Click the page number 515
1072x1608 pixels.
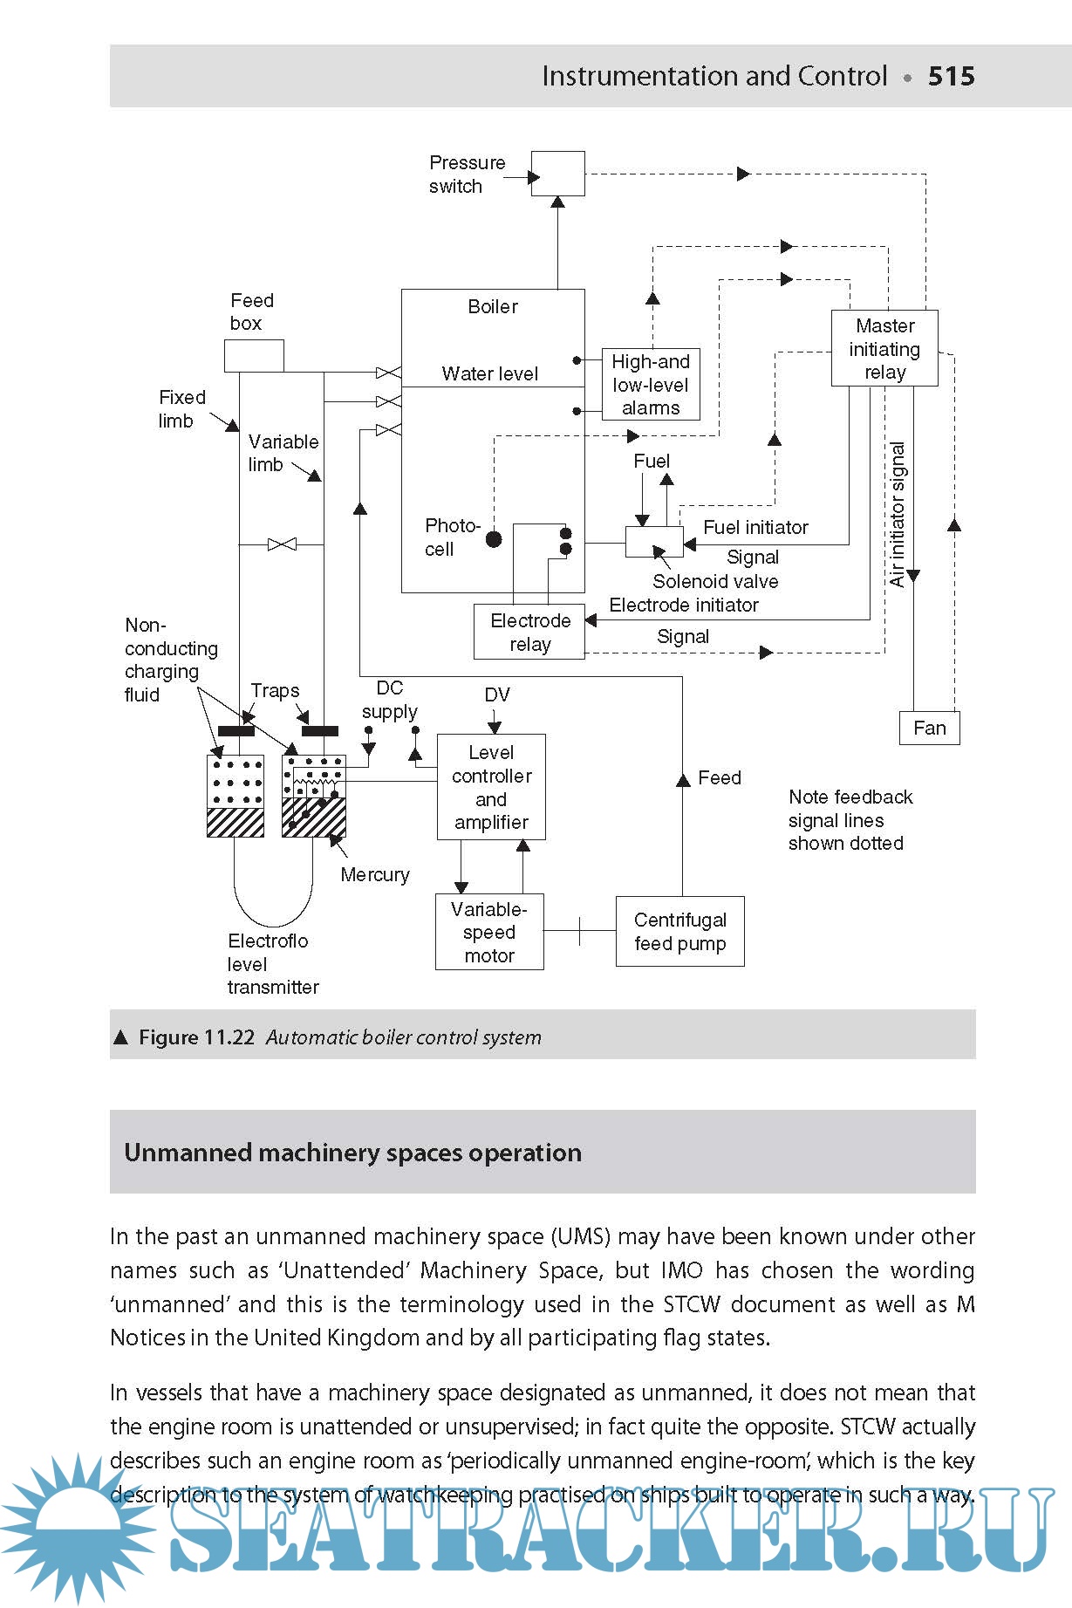tap(951, 76)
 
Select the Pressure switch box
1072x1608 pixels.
tap(558, 174)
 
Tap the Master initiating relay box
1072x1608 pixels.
tap(884, 348)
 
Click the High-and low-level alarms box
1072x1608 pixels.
tap(651, 385)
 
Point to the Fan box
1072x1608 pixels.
tap(929, 728)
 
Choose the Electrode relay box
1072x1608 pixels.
tap(529, 633)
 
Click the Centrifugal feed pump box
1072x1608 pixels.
tap(679, 932)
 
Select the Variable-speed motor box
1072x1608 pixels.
tap(489, 932)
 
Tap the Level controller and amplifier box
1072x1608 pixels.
tap(491, 787)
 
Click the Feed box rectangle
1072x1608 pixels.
tap(254, 356)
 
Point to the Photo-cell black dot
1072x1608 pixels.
tap(494, 539)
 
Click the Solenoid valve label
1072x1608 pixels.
tap(715, 581)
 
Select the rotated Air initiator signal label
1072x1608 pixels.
tap(897, 515)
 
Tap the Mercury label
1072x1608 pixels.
tap(375, 874)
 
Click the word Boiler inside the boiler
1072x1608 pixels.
tap(493, 306)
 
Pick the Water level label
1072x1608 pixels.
tap(489, 373)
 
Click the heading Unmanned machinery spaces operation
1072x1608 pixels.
tap(352, 1153)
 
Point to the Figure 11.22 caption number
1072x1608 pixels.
tap(197, 1037)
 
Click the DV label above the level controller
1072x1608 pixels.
tap(496, 695)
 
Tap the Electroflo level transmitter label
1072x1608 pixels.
tap(272, 964)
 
